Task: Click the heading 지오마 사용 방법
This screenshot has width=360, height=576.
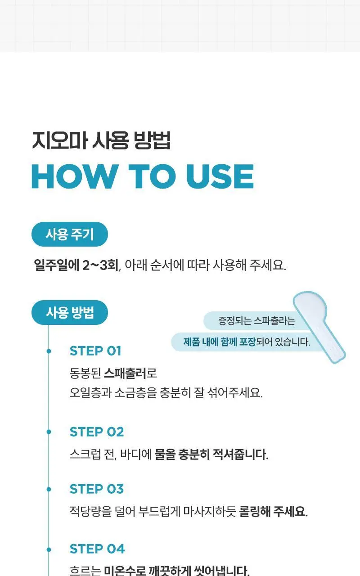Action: pyautogui.click(x=101, y=140)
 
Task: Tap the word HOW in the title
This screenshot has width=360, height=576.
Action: pyautogui.click(x=73, y=176)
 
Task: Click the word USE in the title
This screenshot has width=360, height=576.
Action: pyautogui.click(x=220, y=176)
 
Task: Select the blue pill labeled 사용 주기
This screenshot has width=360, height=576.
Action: pyautogui.click(x=70, y=234)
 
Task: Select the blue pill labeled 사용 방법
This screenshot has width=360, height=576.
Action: pyautogui.click(x=70, y=312)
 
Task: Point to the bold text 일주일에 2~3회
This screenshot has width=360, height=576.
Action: pyautogui.click(x=76, y=265)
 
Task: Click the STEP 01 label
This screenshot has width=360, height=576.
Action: pyautogui.click(x=95, y=351)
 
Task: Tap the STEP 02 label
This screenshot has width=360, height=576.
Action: pyautogui.click(x=97, y=432)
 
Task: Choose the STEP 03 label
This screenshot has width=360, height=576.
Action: pyautogui.click(x=97, y=489)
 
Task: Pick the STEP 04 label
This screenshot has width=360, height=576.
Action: pyautogui.click(x=97, y=549)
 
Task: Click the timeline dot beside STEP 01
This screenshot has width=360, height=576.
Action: pyautogui.click(x=49, y=351)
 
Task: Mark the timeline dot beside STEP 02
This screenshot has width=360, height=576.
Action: pyautogui.click(x=49, y=432)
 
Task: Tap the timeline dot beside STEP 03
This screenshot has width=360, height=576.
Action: pyautogui.click(x=49, y=489)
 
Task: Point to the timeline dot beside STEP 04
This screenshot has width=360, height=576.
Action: pyautogui.click(x=49, y=549)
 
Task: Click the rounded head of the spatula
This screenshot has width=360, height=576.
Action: pyautogui.click(x=310, y=306)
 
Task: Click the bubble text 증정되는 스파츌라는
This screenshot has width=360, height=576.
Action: pyautogui.click(x=256, y=321)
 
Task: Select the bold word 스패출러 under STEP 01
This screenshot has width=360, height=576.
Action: pyautogui.click(x=125, y=373)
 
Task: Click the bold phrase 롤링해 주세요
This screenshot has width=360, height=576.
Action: pyautogui.click(x=273, y=511)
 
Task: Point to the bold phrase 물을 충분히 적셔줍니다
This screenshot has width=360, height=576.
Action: pyautogui.click(x=211, y=454)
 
